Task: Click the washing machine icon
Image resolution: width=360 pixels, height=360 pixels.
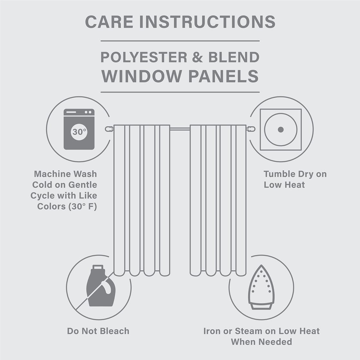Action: (79, 129)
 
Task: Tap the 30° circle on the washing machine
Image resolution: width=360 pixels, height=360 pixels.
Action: (79, 131)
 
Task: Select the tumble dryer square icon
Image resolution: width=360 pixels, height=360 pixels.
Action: (281, 130)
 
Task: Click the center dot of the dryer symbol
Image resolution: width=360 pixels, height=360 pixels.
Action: (281, 130)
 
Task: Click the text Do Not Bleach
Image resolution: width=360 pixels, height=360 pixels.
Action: (98, 331)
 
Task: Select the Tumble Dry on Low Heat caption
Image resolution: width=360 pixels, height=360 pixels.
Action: (295, 179)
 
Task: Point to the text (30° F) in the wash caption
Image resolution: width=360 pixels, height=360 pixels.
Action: (83, 206)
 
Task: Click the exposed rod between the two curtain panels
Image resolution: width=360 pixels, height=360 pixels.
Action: (180, 129)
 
